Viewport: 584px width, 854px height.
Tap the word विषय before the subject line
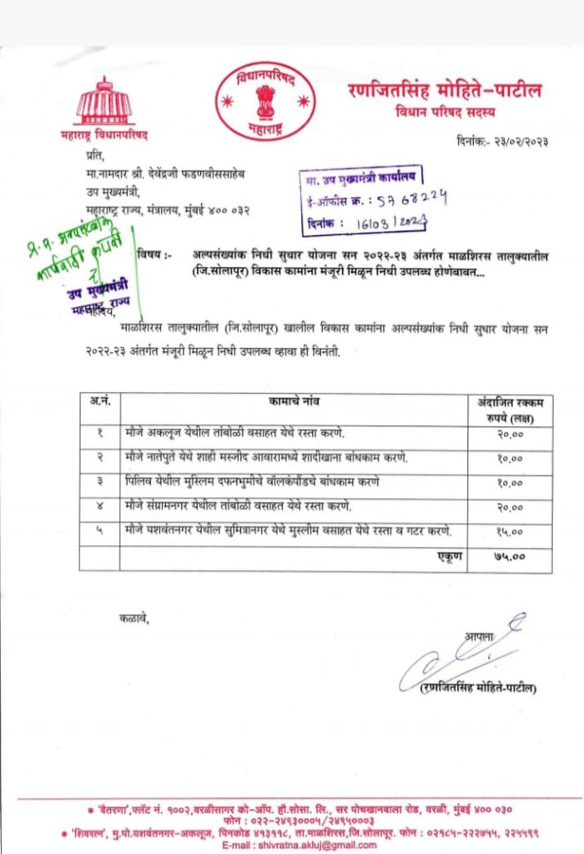(151, 254)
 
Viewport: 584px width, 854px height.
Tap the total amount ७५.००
(510, 556)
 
